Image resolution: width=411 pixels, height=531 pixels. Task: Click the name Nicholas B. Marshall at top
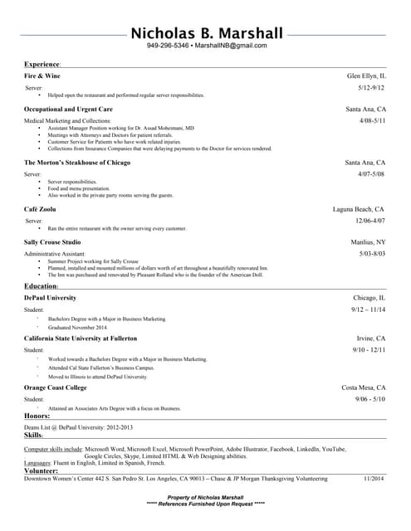tap(206, 33)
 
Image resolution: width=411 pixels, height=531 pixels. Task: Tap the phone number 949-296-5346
tap(168, 46)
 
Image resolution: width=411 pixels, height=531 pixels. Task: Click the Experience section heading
tap(42, 64)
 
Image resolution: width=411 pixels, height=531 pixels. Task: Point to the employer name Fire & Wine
tap(42, 76)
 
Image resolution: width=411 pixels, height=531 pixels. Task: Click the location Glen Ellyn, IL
tap(366, 76)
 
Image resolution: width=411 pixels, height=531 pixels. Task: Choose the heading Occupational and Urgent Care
tap(68, 109)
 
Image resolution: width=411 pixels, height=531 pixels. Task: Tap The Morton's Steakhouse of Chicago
tap(77, 163)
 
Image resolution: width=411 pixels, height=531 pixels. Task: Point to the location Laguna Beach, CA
tap(359, 210)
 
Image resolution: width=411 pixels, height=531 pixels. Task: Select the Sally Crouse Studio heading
tap(59, 242)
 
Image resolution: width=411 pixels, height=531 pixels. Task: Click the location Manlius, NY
tap(368, 242)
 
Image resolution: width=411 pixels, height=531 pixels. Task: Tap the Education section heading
tap(41, 286)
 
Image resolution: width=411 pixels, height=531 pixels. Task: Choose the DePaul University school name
tap(50, 297)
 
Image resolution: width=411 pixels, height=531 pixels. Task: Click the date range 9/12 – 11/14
tap(368, 309)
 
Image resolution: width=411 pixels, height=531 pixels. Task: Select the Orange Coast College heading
tap(56, 387)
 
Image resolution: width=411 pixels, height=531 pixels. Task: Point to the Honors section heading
tap(37, 415)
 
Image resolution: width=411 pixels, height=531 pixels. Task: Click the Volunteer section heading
tap(41, 470)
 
